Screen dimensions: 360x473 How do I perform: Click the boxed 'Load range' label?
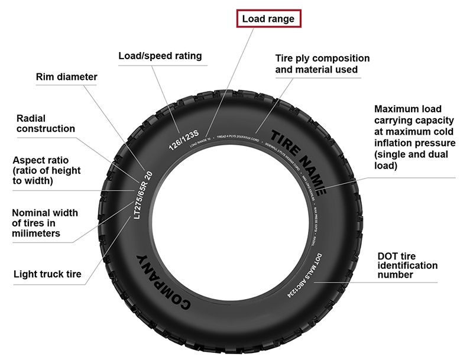(268, 19)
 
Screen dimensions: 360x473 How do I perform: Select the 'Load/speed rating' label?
(160, 56)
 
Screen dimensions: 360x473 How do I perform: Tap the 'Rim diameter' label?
(66, 77)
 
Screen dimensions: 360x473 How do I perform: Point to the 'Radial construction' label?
(46, 124)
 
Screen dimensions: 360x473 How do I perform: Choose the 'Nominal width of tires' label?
(44, 223)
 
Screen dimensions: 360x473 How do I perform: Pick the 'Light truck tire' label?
(47, 274)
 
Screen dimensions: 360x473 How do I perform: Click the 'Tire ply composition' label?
(322, 64)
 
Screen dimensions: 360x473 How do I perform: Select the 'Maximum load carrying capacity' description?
(414, 138)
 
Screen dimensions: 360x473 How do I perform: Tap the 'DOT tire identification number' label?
(407, 265)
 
